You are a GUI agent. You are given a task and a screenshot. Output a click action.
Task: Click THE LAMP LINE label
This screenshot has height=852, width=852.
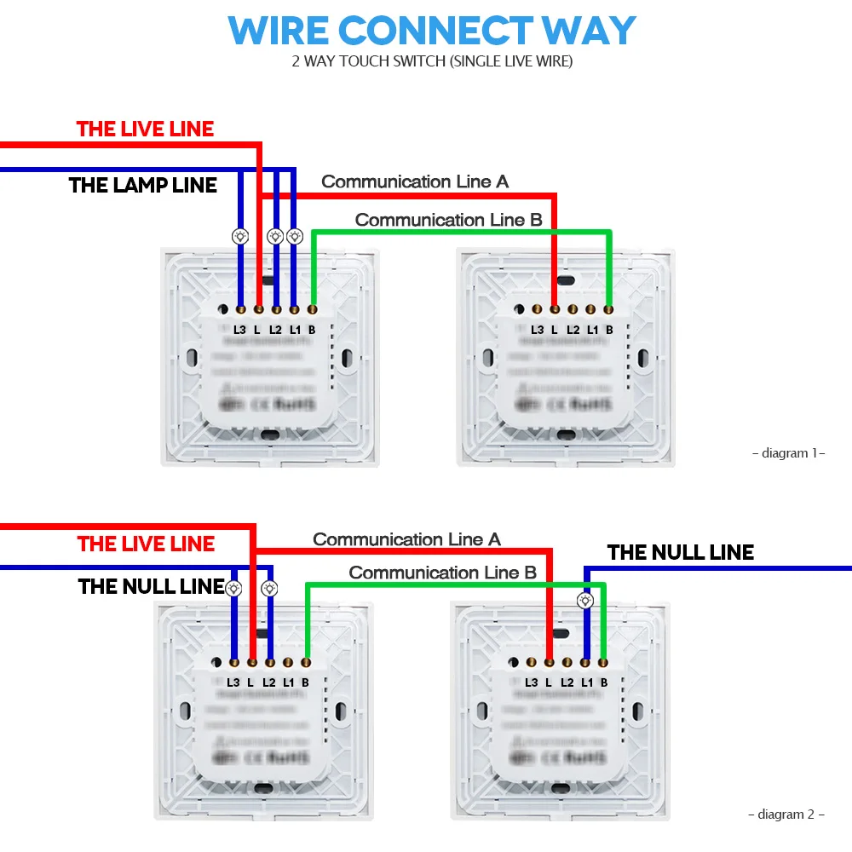click(x=142, y=185)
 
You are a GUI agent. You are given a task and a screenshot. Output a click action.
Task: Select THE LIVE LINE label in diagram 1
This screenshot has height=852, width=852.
click(x=145, y=129)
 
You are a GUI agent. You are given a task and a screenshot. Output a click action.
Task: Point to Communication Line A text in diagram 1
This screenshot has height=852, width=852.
click(x=415, y=181)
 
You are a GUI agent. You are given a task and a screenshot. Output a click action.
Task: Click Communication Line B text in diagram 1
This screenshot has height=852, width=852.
click(x=448, y=220)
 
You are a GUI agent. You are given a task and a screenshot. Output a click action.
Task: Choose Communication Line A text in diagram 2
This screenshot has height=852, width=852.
click(x=406, y=539)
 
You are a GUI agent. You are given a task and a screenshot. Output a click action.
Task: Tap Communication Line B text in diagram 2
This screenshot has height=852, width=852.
click(x=442, y=573)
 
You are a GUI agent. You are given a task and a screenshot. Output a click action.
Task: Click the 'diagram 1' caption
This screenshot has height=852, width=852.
click(x=788, y=453)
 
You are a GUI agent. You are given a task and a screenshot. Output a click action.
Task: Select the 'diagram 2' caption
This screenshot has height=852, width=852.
click(x=786, y=815)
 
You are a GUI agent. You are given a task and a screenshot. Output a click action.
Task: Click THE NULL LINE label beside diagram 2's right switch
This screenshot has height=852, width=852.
click(x=680, y=552)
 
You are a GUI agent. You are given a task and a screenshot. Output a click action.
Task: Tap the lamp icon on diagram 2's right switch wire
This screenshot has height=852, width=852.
click(x=585, y=601)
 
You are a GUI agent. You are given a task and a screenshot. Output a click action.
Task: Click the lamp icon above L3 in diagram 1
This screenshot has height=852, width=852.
click(x=240, y=236)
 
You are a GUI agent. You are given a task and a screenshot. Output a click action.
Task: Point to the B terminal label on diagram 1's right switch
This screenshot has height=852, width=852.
click(x=608, y=330)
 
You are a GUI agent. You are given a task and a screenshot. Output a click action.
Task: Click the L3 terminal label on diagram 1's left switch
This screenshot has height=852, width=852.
click(x=239, y=330)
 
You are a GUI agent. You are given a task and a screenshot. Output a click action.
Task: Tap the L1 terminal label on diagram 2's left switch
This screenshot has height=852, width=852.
click(x=288, y=682)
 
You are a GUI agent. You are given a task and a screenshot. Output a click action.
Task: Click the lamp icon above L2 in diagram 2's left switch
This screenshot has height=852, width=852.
click(x=269, y=587)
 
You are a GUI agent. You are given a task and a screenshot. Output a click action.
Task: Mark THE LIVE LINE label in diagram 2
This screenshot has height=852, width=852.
click(x=146, y=544)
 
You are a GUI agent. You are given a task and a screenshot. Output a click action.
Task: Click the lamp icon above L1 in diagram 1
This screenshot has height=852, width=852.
click(x=294, y=236)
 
